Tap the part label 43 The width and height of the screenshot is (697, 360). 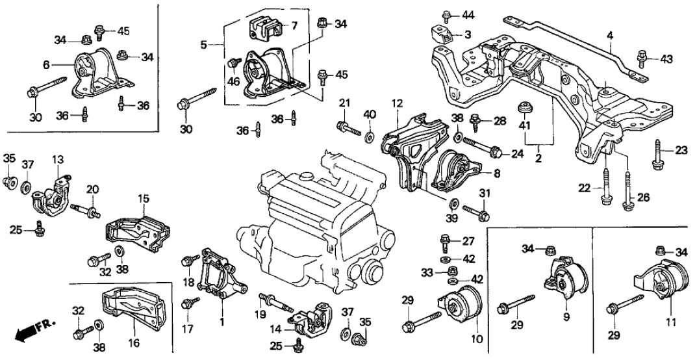click(x=665, y=58)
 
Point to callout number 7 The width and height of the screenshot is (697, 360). click(x=294, y=25)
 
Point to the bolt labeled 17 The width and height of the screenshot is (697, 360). click(x=191, y=302)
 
